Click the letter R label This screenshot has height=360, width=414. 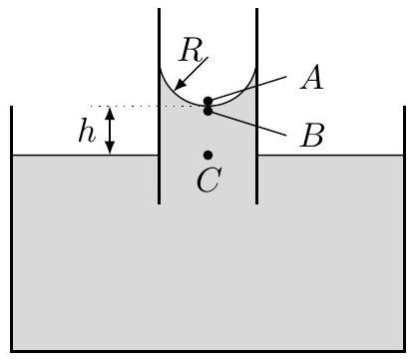pos(191,51)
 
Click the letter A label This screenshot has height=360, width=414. pos(311,77)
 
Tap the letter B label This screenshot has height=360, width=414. pos(311,136)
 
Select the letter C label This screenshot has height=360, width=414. pos(208,180)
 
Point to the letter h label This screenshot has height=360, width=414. pos(87,131)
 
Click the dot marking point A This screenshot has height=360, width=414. pos(208,101)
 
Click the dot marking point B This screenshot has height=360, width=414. pos(208,111)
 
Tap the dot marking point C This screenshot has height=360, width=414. pos(208,155)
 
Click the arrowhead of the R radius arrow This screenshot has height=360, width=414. pos(179,86)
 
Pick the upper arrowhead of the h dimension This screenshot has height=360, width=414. pos(110,113)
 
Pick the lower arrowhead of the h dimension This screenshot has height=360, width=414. pos(110,149)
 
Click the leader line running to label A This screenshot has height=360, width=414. pos(247,89)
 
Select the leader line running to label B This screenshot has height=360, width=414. pos(247,123)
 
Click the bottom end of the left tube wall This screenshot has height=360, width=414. pos(160,203)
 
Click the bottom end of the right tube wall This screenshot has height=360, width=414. pos(257,203)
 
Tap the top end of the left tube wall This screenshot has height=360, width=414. pos(160,9)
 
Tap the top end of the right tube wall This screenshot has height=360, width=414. pos(257,9)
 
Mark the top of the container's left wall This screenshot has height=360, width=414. pos(12,107)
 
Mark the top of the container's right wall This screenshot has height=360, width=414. pos(405,107)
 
